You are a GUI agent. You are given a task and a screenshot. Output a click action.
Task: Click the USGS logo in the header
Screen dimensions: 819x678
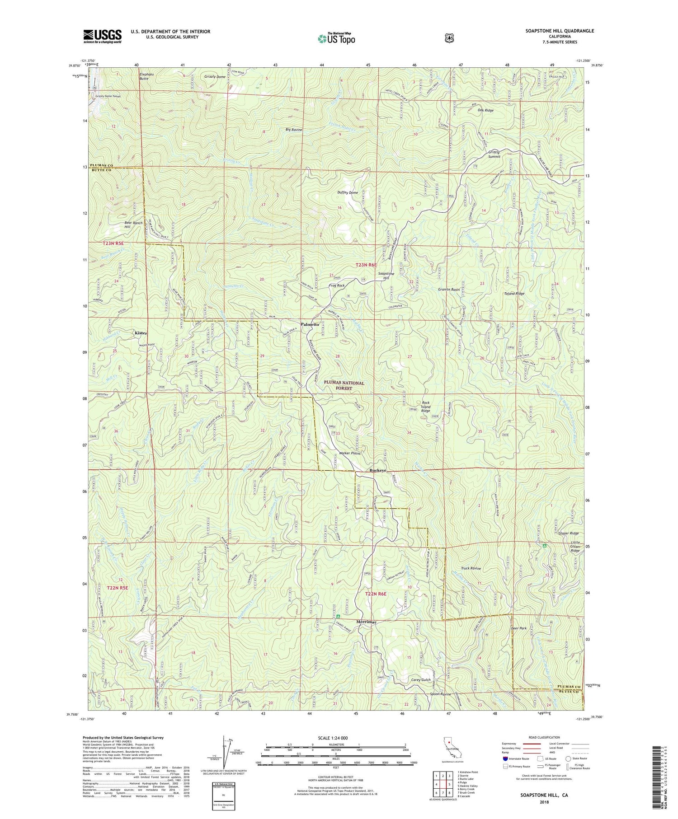[x=102, y=36]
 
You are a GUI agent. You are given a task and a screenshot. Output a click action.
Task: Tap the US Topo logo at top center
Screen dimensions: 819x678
[x=337, y=38]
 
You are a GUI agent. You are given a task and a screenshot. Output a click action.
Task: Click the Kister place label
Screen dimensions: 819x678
[x=141, y=333]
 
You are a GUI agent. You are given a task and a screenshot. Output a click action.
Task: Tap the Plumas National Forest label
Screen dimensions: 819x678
[x=344, y=386]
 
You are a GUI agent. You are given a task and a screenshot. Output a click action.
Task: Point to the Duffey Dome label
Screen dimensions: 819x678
[x=348, y=192]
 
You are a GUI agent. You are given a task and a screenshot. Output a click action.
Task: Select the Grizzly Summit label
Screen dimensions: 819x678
[x=494, y=154]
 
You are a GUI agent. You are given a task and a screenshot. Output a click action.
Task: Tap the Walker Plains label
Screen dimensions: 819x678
[x=350, y=453]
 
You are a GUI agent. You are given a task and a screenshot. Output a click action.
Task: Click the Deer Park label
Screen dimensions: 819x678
[x=518, y=628]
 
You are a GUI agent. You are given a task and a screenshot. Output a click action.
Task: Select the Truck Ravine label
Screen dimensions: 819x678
[x=471, y=568]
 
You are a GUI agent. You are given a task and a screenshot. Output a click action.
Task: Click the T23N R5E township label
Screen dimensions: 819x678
[x=113, y=243]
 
